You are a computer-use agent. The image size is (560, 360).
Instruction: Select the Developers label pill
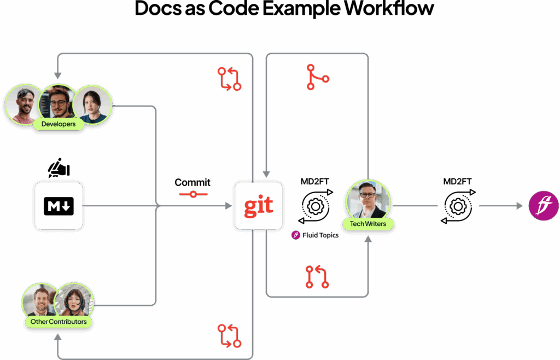pyautogui.click(x=58, y=124)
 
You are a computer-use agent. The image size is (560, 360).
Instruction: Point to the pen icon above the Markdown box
pyautogui.click(x=58, y=168)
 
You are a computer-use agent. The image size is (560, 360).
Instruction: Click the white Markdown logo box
pyautogui.click(x=59, y=206)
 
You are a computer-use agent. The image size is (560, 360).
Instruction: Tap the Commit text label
pyautogui.click(x=192, y=182)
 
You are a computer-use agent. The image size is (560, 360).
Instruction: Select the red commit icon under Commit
pyautogui.click(x=192, y=194)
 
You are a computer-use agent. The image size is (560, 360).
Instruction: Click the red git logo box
pyautogui.click(x=258, y=206)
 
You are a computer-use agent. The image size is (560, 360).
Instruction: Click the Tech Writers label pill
pyautogui.click(x=368, y=223)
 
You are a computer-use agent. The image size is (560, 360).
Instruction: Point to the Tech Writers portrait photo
pyautogui.click(x=368, y=200)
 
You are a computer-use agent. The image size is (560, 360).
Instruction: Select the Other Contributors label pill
pyautogui.click(x=58, y=321)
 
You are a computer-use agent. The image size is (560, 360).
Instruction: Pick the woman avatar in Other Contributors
pyautogui.click(x=74, y=301)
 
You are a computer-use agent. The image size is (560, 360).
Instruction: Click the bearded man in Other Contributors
pyautogui.click(x=41, y=301)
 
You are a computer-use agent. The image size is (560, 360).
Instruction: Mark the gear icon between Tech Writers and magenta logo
pyautogui.click(x=458, y=206)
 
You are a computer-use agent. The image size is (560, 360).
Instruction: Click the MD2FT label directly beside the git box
pyautogui.click(x=314, y=182)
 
